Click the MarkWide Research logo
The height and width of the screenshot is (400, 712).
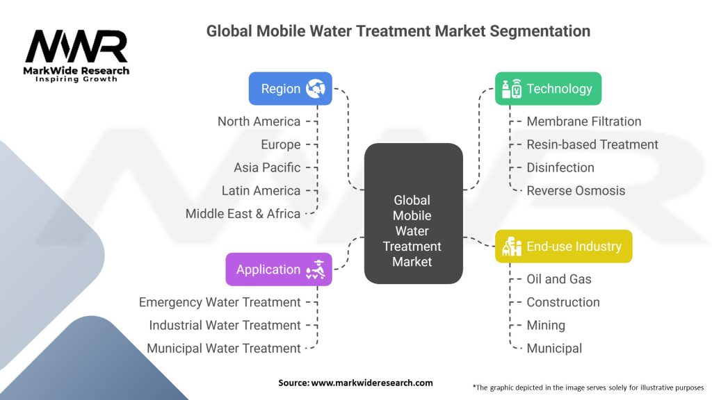pyautogui.click(x=76, y=54)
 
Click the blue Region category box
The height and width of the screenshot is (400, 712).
pyautogui.click(x=290, y=89)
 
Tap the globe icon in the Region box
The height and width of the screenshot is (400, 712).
pyautogui.click(x=316, y=89)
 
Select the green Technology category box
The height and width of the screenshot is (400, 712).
pyautogui.click(x=548, y=89)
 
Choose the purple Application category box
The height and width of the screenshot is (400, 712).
pyautogui.click(x=279, y=269)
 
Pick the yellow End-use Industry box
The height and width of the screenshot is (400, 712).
pyautogui.click(x=563, y=246)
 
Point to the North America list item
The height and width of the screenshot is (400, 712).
pyautogui.click(x=259, y=122)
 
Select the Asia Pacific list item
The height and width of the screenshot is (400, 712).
pyautogui.click(x=267, y=167)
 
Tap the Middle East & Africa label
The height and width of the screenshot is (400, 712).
pyautogui.click(x=243, y=214)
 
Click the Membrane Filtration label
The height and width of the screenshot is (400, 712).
pyautogui.click(x=583, y=122)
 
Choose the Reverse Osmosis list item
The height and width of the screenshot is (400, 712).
pyautogui.click(x=576, y=190)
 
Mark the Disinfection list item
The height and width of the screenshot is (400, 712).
pyautogui.click(x=560, y=167)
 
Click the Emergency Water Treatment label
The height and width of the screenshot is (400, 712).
pyautogui.click(x=220, y=302)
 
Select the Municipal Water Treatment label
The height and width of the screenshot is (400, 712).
pyautogui.click(x=224, y=349)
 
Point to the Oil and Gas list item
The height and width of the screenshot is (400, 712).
pyautogui.click(x=559, y=279)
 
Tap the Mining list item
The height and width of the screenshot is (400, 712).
pyautogui.click(x=546, y=325)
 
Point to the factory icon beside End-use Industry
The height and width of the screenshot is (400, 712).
pyautogui.click(x=511, y=247)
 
